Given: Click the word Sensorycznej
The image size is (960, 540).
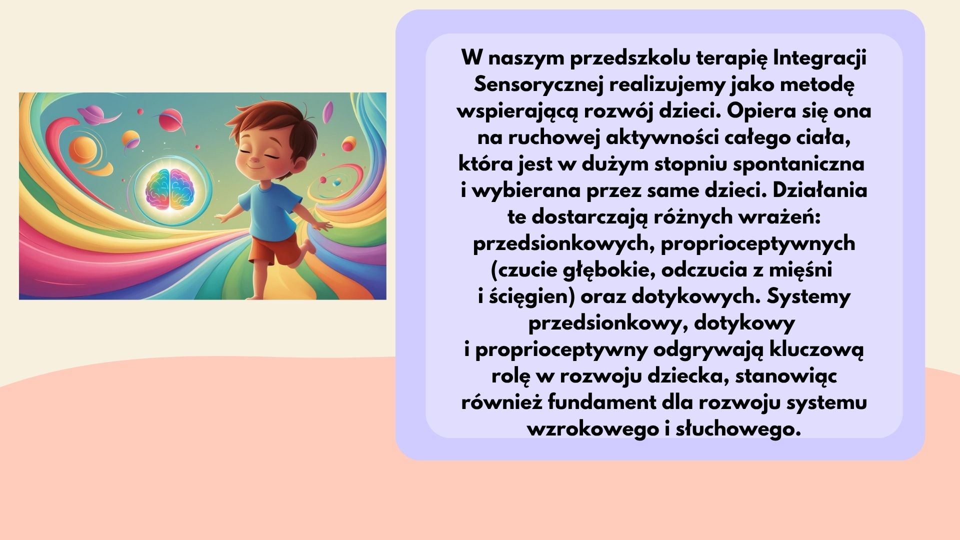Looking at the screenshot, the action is click(538, 85).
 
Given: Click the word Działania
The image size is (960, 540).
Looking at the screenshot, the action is click(819, 190).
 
